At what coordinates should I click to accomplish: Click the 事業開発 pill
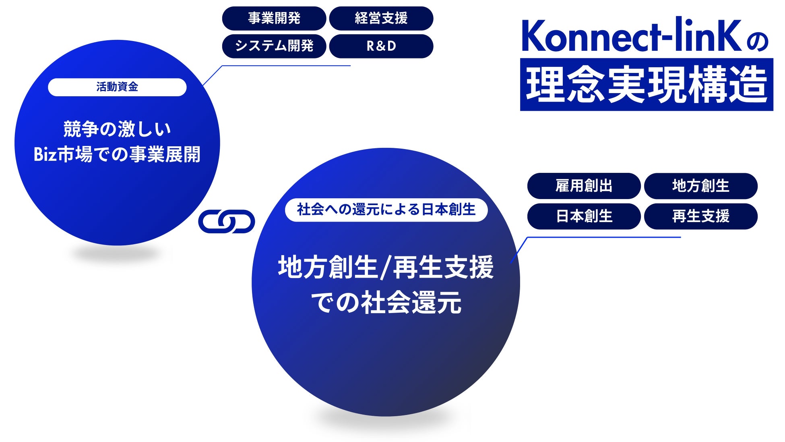(x=274, y=18)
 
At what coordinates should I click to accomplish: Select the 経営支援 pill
(x=381, y=18)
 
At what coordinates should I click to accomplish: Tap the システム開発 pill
(x=274, y=46)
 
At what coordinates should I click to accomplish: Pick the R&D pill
(x=381, y=46)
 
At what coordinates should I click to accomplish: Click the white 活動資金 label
(x=117, y=87)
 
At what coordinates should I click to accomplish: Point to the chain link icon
(x=227, y=221)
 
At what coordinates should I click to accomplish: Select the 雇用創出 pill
(x=584, y=186)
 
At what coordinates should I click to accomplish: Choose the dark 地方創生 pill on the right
(x=700, y=186)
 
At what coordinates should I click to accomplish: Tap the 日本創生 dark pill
(x=584, y=216)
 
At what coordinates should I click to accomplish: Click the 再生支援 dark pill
(x=700, y=216)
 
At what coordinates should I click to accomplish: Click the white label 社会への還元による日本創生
(x=386, y=210)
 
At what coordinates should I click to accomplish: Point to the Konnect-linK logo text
(x=631, y=35)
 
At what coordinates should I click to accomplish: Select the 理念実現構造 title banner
(x=647, y=84)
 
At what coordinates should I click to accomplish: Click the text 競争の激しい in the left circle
(x=117, y=129)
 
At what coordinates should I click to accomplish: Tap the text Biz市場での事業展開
(x=117, y=154)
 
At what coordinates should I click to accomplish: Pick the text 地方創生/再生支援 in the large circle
(x=386, y=267)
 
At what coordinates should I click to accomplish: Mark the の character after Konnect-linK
(x=757, y=42)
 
